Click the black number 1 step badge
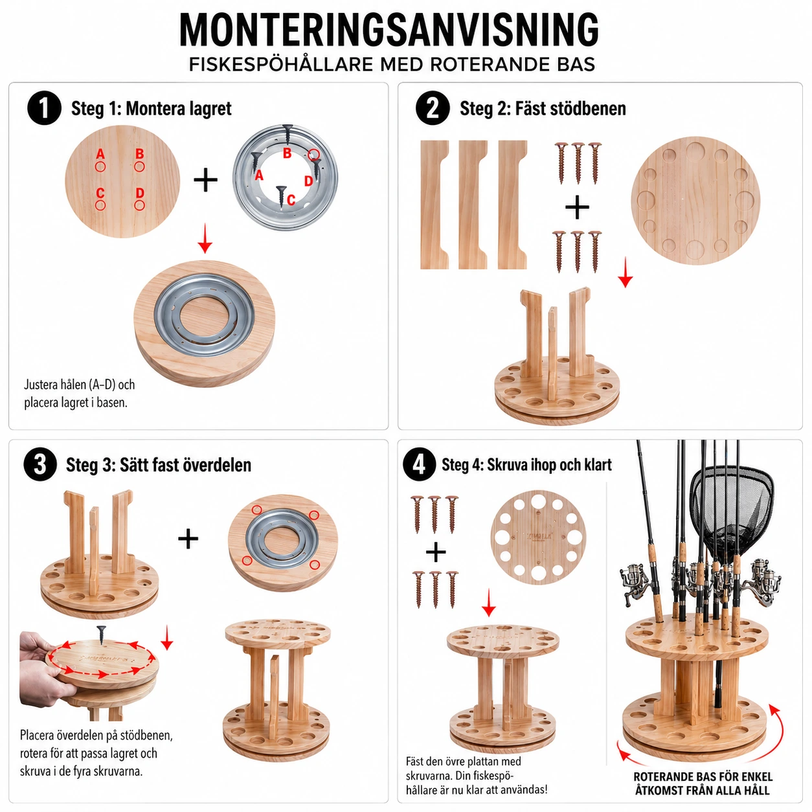click(x=44, y=108)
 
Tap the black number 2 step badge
click(x=433, y=108)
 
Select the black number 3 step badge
click(x=40, y=465)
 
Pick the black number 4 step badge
click(x=419, y=465)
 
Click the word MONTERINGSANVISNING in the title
click(x=389, y=30)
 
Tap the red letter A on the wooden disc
click(x=100, y=154)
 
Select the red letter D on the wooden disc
click(x=140, y=194)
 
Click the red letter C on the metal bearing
click(x=291, y=199)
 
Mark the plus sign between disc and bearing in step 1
click(x=206, y=181)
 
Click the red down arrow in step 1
click(x=205, y=238)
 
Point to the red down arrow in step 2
click(x=626, y=273)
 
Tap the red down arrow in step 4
click(x=489, y=603)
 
